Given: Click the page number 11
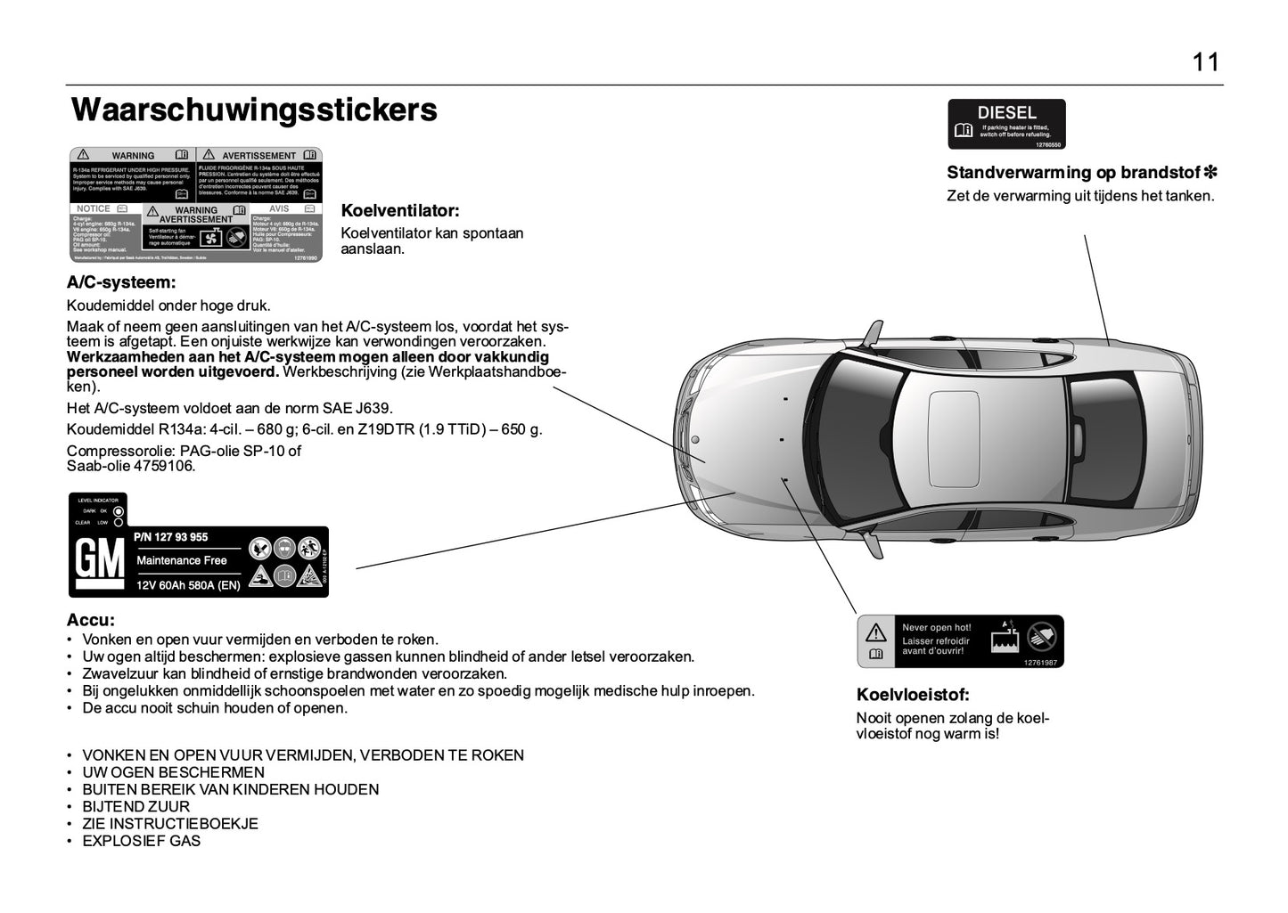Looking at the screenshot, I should (1205, 62).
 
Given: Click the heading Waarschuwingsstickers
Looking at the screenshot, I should (254, 110).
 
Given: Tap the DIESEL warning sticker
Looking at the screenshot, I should (1006, 124).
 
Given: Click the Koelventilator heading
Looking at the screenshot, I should (400, 211).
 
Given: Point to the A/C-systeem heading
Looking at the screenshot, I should (121, 283).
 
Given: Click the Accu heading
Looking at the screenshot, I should (91, 620).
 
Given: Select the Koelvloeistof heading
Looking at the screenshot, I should (912, 695).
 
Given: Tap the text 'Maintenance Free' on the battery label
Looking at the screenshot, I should (182, 560).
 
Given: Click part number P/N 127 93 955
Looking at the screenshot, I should (171, 537).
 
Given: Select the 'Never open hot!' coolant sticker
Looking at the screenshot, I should (960, 640).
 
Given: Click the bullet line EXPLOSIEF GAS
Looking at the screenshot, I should (141, 841).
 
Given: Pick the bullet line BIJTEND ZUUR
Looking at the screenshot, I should (135, 807).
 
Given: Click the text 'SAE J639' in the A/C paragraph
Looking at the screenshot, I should (362, 409).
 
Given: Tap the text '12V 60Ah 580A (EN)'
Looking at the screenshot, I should (188, 585).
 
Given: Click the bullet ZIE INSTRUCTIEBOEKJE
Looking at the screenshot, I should (169, 824).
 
